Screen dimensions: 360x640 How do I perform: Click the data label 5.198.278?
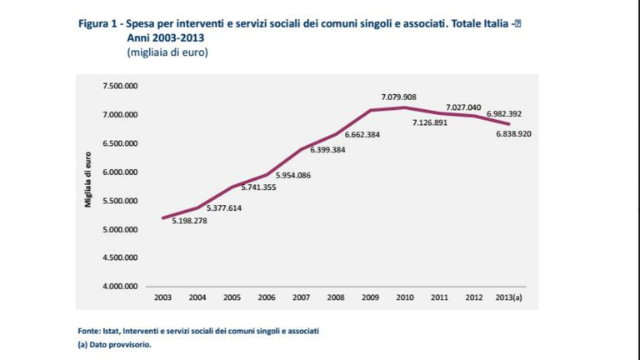[x=190, y=220]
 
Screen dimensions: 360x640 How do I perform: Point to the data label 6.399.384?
[x=327, y=150]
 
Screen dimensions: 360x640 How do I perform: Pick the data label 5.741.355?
[x=258, y=187]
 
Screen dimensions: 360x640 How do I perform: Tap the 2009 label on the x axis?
[x=369, y=296]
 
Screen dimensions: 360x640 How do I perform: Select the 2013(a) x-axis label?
[x=508, y=296]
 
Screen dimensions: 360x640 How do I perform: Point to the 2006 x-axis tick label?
[x=267, y=296]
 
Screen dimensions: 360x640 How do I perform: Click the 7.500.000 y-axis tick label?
[x=120, y=86]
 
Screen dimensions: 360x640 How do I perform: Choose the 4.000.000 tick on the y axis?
[x=120, y=287]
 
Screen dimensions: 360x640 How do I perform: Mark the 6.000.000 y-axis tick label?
[x=120, y=172]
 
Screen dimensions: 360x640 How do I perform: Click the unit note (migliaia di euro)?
[x=167, y=52]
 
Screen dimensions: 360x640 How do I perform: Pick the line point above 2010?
[x=404, y=107]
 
